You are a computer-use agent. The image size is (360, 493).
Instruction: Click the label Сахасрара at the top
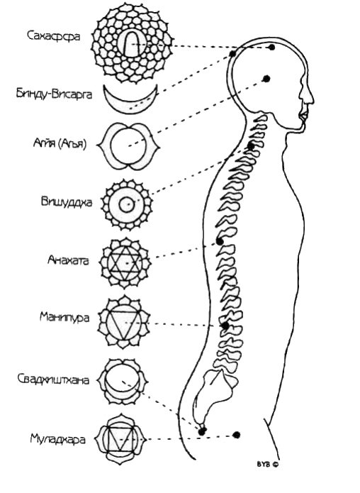[x=53, y=36]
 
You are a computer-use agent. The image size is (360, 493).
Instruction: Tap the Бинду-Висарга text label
[x=55, y=94]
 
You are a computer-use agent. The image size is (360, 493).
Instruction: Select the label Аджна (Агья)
[x=60, y=144]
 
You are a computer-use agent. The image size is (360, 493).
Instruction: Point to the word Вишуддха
[x=67, y=201]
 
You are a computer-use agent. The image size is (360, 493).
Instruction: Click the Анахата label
[x=69, y=260]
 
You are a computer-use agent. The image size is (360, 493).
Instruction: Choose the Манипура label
[x=64, y=317]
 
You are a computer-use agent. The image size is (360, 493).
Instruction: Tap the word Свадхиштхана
[x=53, y=380]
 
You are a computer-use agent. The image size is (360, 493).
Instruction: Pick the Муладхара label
[x=58, y=438]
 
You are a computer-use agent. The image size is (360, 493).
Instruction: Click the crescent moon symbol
[x=130, y=108]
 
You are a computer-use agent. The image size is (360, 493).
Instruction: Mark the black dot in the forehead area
[x=266, y=79]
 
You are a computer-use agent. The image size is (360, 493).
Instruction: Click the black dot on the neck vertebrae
[x=251, y=146]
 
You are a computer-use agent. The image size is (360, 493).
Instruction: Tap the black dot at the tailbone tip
[x=202, y=431]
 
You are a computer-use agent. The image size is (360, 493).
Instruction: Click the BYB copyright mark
[x=268, y=464]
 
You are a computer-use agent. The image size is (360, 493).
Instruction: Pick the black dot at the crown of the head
[x=272, y=48]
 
